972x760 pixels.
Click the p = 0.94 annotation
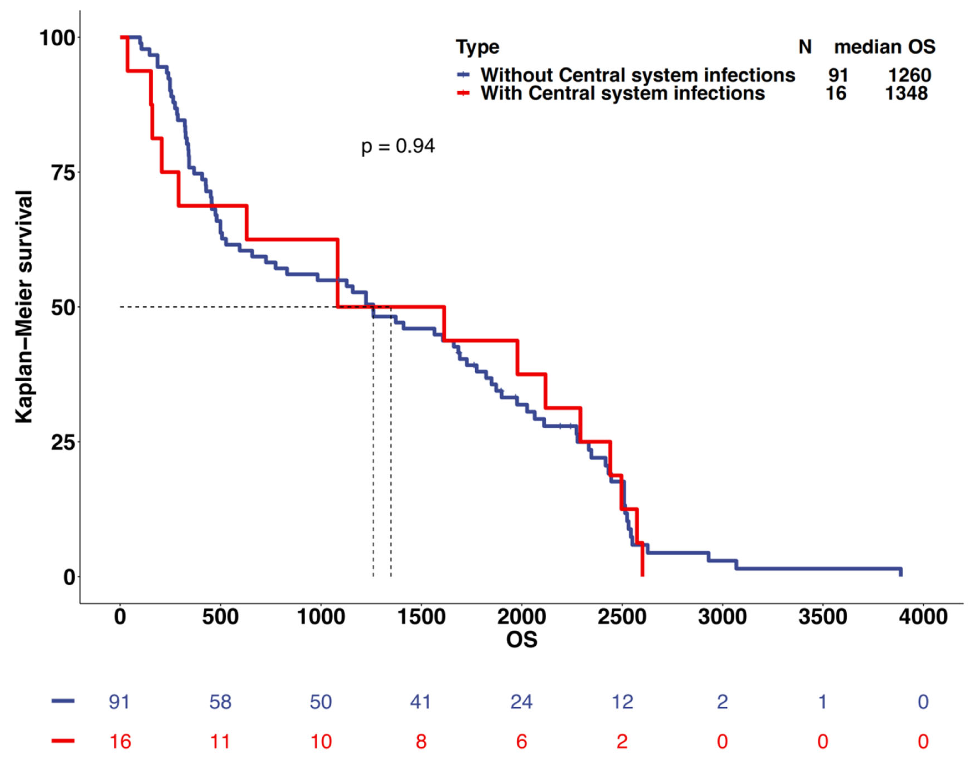tap(397, 146)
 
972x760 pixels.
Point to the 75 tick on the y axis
tap(62, 173)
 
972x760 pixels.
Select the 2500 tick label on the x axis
tap(622, 617)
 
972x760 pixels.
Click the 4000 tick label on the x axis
tap(923, 617)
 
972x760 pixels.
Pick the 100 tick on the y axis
tap(57, 38)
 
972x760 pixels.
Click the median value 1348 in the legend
tap(906, 93)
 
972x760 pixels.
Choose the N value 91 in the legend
tap(838, 75)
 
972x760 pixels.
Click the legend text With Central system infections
tap(623, 93)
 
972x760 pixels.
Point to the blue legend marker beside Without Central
tap(463, 75)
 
